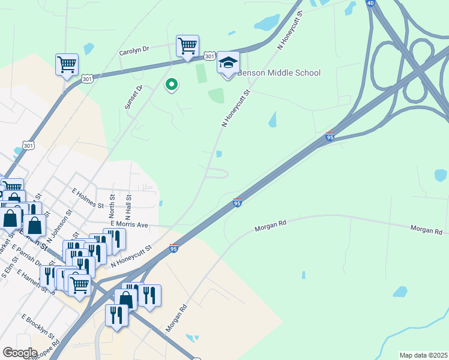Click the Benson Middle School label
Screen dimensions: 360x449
pyautogui.click(x=279, y=73)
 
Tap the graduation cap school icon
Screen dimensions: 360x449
pyautogui.click(x=228, y=63)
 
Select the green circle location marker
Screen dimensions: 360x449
pyautogui.click(x=171, y=85)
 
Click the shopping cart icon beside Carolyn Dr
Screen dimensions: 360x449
pyautogui.click(x=187, y=46)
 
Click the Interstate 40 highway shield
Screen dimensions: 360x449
pyautogui.click(x=371, y=3)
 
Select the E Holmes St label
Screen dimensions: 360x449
pyautogui.click(x=88, y=198)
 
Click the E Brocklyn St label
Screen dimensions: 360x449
pyautogui.click(x=38, y=326)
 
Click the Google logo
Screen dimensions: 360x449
pyautogui.click(x=20, y=352)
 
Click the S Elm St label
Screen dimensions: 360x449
pyautogui.click(x=10, y=267)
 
